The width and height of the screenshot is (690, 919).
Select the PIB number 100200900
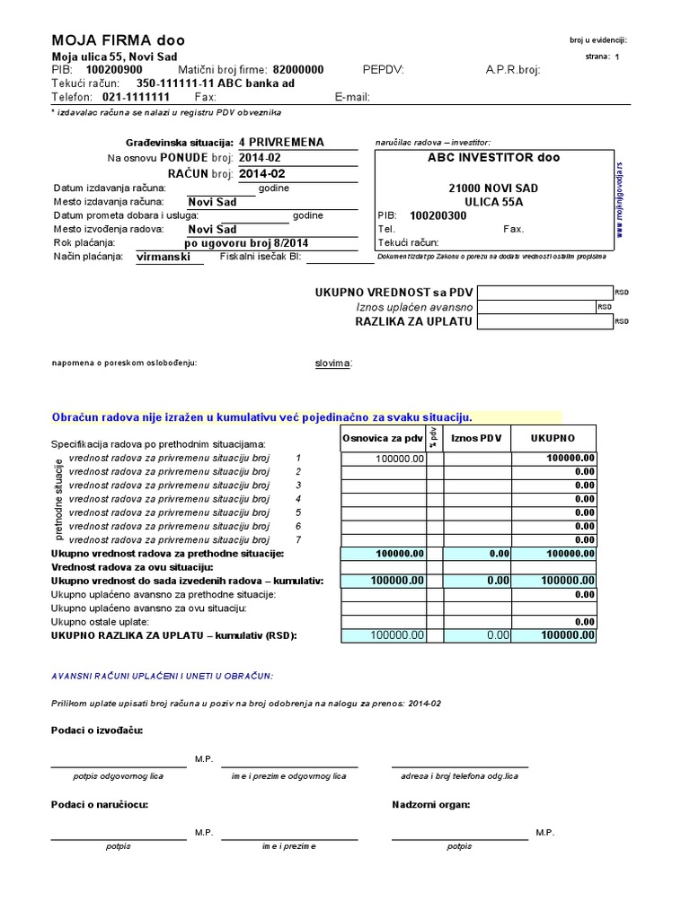coord(114,69)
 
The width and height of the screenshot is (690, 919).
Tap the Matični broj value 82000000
coord(298,69)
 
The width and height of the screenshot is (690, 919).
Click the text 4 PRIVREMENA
coord(281,142)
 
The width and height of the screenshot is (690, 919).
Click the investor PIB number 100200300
coord(438,215)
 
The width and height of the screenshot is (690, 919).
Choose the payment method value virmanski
coord(163,257)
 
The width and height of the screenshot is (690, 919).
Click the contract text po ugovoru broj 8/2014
coord(245,242)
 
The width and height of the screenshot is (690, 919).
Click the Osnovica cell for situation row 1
coord(382,458)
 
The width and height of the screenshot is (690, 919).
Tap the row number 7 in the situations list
coord(297,539)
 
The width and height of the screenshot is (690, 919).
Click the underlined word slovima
coord(332,363)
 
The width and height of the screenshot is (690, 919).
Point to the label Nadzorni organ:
coord(430,804)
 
